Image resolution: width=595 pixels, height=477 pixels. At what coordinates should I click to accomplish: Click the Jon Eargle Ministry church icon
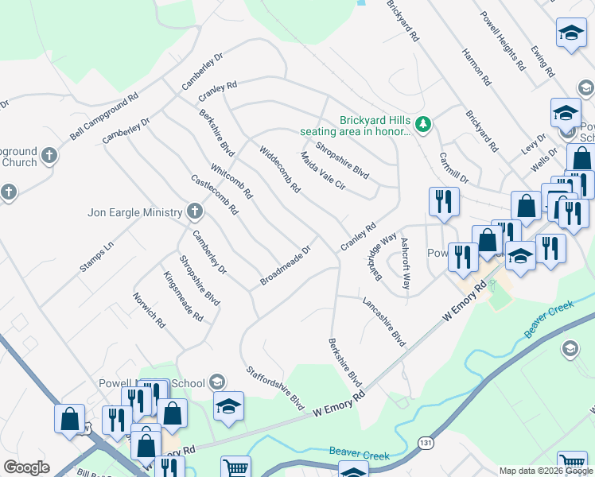(195, 211)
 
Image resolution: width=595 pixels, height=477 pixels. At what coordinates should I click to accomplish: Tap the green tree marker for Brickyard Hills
(424, 123)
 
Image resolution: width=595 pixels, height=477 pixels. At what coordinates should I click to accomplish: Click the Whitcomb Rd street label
(232, 181)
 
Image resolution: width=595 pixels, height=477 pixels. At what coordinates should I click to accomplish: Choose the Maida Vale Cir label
(323, 171)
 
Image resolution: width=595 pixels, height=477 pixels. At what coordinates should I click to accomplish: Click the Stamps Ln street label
(96, 258)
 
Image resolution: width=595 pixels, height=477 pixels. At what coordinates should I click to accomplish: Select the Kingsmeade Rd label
(183, 296)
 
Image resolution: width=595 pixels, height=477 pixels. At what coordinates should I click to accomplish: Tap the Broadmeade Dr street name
(285, 266)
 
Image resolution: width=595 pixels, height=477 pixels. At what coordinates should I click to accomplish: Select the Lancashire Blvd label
(384, 321)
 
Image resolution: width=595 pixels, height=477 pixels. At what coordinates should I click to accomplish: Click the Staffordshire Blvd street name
(276, 387)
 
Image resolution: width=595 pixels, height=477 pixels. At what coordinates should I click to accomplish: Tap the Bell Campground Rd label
(103, 116)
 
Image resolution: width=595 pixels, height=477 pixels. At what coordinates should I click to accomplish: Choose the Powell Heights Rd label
(503, 41)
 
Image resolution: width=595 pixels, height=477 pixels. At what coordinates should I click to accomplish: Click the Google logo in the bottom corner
(27, 467)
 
